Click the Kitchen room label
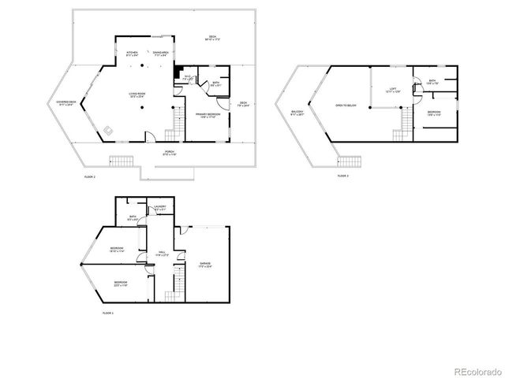(133, 54)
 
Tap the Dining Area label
(160, 54)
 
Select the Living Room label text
(140, 94)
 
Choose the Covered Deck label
(65, 102)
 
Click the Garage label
(204, 264)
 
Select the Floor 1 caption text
(108, 313)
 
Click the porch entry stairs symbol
(121, 162)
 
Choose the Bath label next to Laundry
(133, 217)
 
